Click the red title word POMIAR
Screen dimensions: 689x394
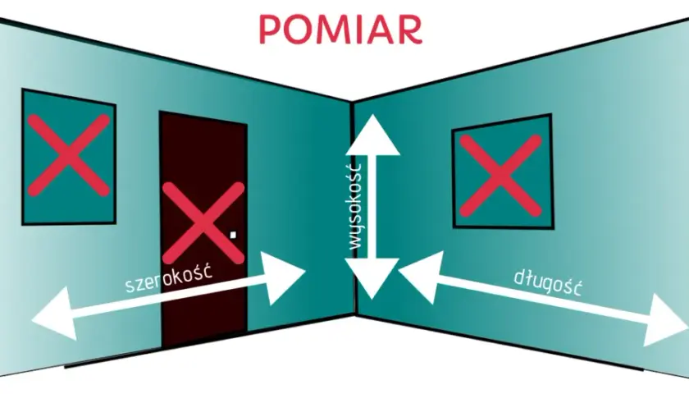(x=340, y=30)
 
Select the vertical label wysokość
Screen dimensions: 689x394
(x=354, y=206)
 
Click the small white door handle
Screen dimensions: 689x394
(x=233, y=235)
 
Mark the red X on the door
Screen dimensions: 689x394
(x=203, y=223)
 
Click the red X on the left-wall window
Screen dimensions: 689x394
(x=69, y=155)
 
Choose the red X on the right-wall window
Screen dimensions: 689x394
(x=500, y=176)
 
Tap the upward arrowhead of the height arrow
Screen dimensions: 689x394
(x=372, y=135)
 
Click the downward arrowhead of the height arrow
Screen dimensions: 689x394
(x=372, y=278)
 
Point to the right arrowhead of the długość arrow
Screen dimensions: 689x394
(x=664, y=320)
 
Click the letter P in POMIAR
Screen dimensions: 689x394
(x=270, y=30)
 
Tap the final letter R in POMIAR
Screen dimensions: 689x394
(x=411, y=30)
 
